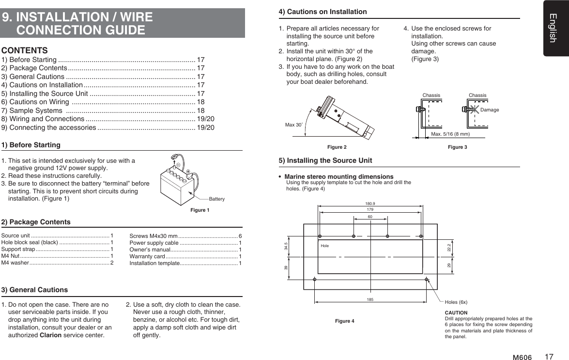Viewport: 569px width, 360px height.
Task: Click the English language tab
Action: tap(555, 28)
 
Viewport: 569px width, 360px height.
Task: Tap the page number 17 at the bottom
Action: tap(549, 357)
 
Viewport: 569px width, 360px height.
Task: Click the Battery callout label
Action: tap(216, 199)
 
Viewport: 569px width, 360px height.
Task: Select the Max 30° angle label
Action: tap(293, 125)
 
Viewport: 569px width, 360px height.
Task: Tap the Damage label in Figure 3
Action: tap(489, 110)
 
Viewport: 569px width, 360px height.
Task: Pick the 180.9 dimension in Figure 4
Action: tap(370, 203)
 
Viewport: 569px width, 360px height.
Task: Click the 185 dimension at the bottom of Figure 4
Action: tap(370, 299)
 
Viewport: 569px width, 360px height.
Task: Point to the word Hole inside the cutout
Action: tap(324, 246)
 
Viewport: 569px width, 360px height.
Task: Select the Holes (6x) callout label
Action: tap(456, 302)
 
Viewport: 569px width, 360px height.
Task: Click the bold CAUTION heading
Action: tap(456, 313)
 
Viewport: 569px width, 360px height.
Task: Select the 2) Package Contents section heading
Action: tap(36, 222)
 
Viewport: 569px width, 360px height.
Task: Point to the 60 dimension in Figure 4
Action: tap(370, 216)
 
